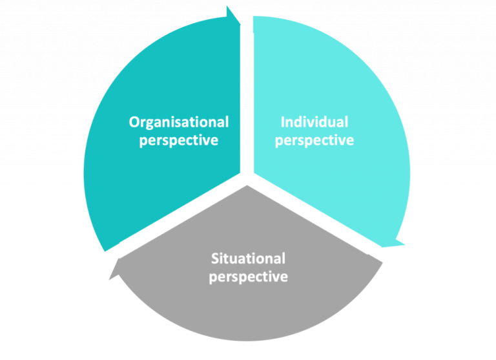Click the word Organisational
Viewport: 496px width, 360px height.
pyautogui.click(x=178, y=122)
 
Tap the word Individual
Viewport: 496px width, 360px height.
pyautogui.click(x=314, y=122)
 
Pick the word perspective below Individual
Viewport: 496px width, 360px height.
pyautogui.click(x=314, y=140)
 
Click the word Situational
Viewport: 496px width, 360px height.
pyautogui.click(x=247, y=259)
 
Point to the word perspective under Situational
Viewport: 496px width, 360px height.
pyautogui.click(x=247, y=277)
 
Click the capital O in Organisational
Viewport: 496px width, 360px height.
pyautogui.click(x=134, y=122)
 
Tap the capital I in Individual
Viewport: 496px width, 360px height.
pyautogui.click(x=282, y=122)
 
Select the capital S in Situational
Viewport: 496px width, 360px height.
pyautogui.click(x=215, y=259)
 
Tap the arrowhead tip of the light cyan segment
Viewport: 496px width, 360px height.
pyautogui.click(x=404, y=245)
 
